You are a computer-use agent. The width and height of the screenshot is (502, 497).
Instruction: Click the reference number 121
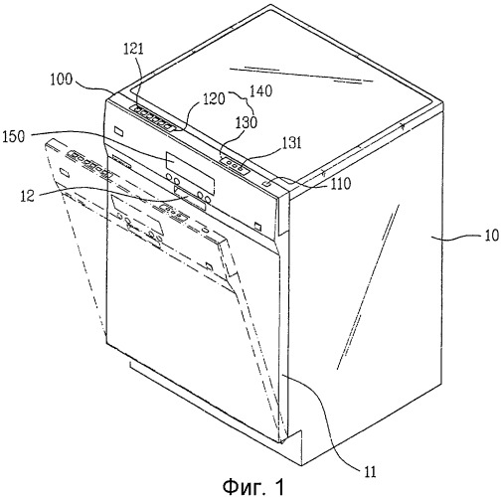(x=134, y=49)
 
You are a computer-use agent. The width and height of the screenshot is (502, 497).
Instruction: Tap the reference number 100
(x=61, y=80)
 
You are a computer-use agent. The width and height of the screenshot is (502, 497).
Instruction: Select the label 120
(x=214, y=98)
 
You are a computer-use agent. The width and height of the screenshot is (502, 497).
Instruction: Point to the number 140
(x=261, y=90)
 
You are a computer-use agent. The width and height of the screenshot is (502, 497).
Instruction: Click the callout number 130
(x=247, y=122)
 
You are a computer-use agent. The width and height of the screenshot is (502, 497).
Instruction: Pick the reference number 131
(x=291, y=143)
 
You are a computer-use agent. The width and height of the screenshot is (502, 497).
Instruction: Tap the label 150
(x=14, y=136)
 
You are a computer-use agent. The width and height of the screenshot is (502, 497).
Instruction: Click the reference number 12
(x=27, y=196)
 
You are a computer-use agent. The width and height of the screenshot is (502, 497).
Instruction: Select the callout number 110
(x=341, y=183)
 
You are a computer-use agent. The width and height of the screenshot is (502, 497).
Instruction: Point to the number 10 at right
(x=492, y=236)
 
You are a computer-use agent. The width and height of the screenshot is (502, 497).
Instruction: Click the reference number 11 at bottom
(x=370, y=471)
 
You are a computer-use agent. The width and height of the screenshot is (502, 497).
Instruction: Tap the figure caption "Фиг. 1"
(x=253, y=487)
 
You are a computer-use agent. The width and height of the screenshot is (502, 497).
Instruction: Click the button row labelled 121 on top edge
(x=153, y=117)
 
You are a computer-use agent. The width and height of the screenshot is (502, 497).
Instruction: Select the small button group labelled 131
(x=236, y=165)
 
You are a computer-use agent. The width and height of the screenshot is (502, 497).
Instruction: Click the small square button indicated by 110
(x=267, y=183)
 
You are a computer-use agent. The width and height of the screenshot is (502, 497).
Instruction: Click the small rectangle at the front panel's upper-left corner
(x=119, y=131)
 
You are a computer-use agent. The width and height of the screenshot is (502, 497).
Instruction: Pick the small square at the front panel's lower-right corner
(x=257, y=227)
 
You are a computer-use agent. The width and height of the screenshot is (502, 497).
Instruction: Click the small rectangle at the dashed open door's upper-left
(x=65, y=173)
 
